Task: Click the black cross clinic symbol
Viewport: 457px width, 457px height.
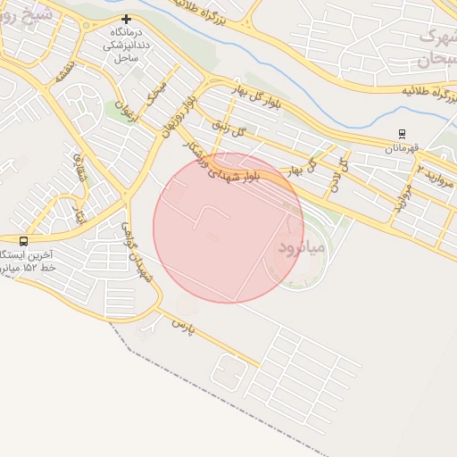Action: point(126,20)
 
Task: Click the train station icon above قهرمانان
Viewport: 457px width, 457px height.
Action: point(402,134)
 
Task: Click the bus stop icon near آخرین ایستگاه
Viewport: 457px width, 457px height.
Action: point(23,241)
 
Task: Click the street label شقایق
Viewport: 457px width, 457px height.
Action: point(79,166)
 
